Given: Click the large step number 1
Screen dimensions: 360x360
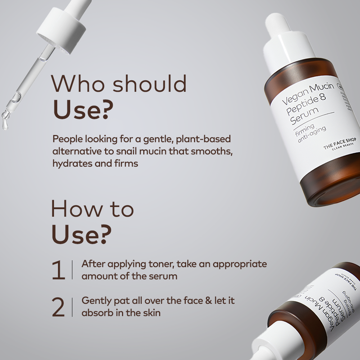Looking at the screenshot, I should click(58, 270).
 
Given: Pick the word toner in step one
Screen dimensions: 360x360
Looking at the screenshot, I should click(162, 264).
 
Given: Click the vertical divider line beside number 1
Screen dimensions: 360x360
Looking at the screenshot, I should click(72, 270).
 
